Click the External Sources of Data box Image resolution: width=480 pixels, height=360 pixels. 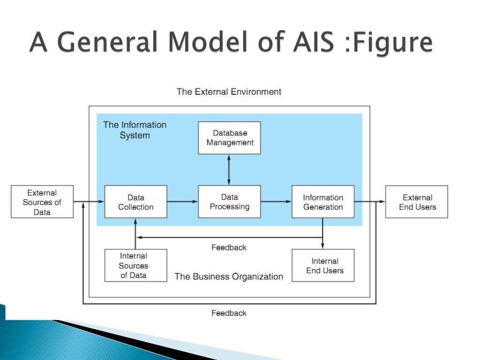click(x=42, y=202)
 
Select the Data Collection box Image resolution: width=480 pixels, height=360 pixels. click(x=135, y=202)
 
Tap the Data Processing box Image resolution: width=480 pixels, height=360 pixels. click(x=229, y=202)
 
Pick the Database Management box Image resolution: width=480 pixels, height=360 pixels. click(x=229, y=138)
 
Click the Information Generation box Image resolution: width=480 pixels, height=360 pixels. click(x=323, y=202)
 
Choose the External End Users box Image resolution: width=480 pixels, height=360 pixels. click(x=417, y=202)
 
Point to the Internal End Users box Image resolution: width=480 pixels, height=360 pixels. click(x=323, y=266)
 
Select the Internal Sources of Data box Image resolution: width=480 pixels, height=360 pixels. click(x=135, y=266)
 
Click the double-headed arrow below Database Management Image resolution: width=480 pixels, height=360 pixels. click(x=229, y=170)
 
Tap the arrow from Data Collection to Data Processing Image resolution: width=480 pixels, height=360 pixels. click(x=182, y=202)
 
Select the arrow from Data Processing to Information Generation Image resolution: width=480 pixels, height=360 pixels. click(x=276, y=202)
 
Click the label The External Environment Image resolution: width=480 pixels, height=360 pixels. click(x=229, y=92)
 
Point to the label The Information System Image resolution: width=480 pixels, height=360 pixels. click(x=135, y=130)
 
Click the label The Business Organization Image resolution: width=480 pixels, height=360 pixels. click(x=229, y=277)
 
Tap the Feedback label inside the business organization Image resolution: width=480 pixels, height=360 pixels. click(x=229, y=247)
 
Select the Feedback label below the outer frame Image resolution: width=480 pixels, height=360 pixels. click(x=229, y=313)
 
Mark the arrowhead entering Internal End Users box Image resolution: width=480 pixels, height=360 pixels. click(x=323, y=246)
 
